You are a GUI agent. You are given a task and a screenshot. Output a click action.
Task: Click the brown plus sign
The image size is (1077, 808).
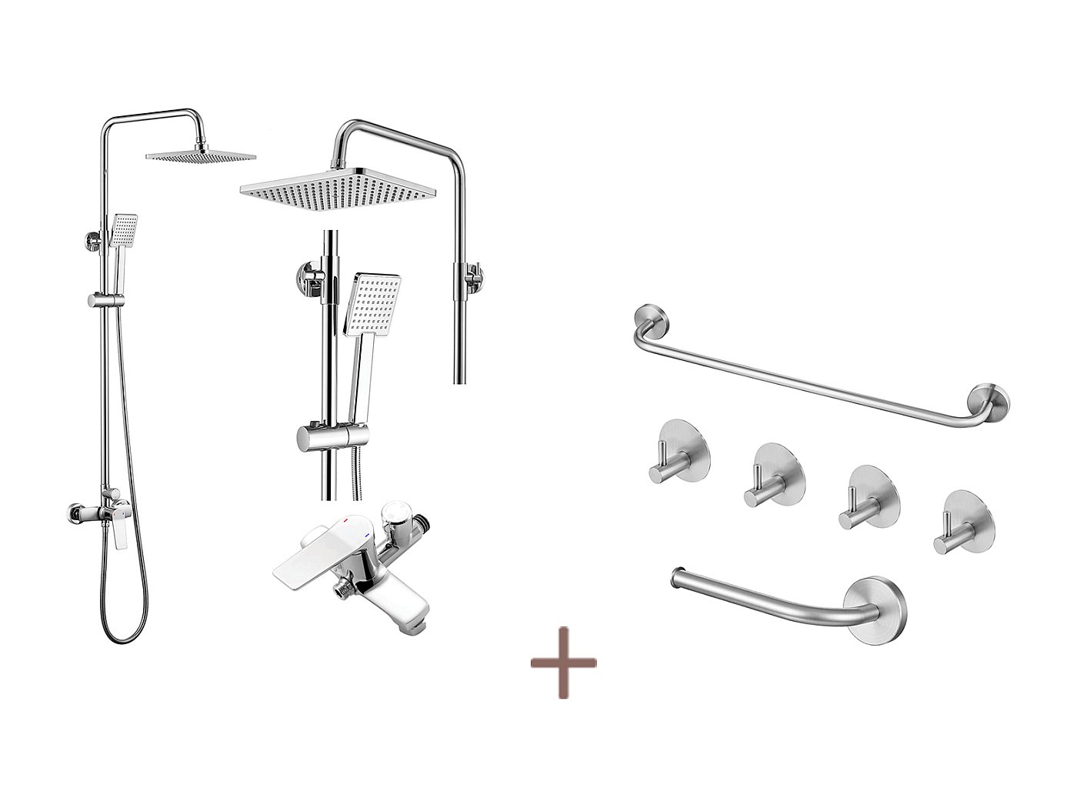563,663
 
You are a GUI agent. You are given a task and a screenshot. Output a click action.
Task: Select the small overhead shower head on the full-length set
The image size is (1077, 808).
201,156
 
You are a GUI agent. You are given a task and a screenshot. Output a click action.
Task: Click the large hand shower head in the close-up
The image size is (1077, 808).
372,303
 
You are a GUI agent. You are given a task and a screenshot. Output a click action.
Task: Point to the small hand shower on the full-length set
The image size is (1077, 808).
123,229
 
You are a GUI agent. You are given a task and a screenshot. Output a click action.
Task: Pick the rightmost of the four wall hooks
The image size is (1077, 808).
965,520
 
